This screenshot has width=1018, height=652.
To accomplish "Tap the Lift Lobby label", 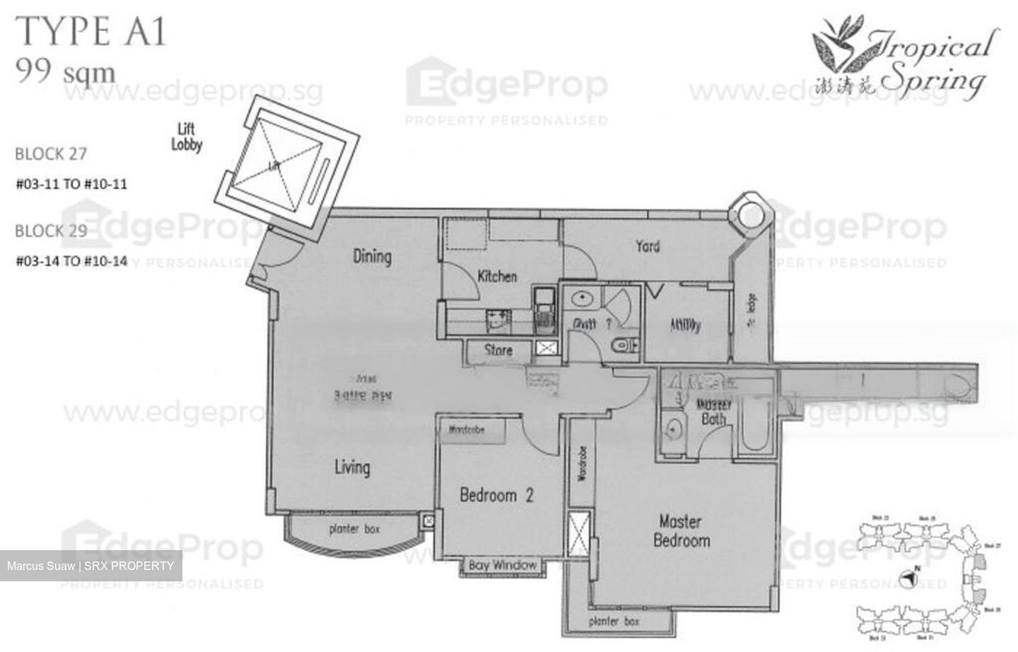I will tap(187, 137).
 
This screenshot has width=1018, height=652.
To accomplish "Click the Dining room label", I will tap(372, 256).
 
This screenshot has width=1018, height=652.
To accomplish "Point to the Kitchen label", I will tap(497, 276).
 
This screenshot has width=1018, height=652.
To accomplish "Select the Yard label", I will tap(648, 246).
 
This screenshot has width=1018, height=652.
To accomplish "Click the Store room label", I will tap(498, 349).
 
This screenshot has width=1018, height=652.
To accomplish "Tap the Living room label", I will tap(352, 467).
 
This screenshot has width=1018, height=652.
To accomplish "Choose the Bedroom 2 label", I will tap(496, 495).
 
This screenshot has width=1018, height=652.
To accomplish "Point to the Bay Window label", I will tap(503, 565).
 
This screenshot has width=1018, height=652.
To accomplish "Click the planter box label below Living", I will tap(354, 530).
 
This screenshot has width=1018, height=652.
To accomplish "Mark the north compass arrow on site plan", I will tap(911, 579).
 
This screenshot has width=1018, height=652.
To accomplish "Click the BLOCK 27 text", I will tap(51, 153).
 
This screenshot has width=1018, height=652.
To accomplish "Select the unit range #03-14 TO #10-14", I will tap(71, 261).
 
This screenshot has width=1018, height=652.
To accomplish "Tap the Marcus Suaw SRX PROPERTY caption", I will tap(90, 566).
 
